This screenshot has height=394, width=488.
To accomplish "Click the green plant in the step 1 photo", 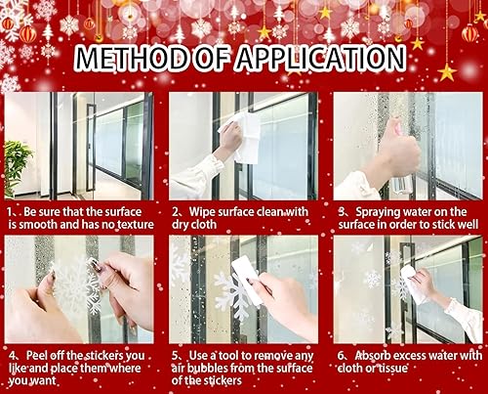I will click(17, 161).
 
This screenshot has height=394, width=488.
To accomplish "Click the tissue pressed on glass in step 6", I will click(414, 284).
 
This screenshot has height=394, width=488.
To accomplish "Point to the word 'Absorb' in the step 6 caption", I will click(366, 353).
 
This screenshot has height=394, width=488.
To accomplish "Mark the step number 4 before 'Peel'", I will click(9, 353).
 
